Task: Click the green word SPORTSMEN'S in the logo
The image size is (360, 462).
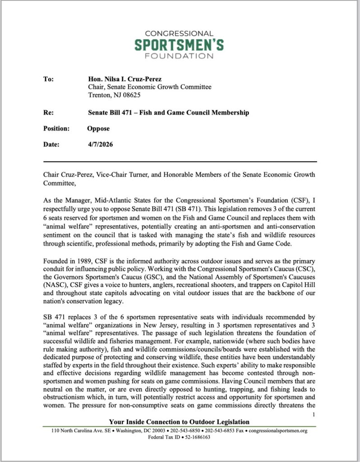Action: (180, 45)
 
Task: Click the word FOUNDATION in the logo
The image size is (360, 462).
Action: (180, 56)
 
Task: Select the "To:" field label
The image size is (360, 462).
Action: (48, 79)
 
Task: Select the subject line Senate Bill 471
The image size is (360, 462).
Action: (168, 112)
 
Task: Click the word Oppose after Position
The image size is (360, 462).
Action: (98, 129)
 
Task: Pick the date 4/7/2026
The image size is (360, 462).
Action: (100, 145)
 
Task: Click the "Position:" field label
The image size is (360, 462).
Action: (56, 129)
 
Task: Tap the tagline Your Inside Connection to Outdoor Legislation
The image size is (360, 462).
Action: (179, 422)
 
